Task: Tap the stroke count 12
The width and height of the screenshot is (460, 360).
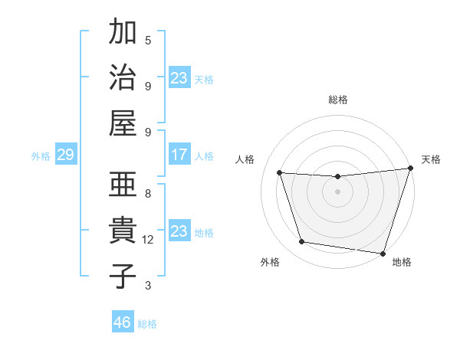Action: (x=149, y=240)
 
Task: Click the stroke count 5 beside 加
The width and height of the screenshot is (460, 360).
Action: (x=148, y=41)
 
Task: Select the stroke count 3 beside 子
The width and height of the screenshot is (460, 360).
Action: (x=148, y=286)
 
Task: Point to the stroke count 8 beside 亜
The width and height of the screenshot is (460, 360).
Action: (x=148, y=194)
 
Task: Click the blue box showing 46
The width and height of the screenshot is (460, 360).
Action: (x=123, y=322)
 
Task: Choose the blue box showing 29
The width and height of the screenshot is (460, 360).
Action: (x=65, y=155)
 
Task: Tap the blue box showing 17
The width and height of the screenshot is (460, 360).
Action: (x=179, y=155)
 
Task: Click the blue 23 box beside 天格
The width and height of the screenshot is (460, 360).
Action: (x=179, y=78)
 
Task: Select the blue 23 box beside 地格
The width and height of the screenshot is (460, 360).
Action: (x=179, y=231)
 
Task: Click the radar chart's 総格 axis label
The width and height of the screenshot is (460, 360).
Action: (x=337, y=100)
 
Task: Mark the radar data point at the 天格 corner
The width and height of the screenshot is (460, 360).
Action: (x=410, y=169)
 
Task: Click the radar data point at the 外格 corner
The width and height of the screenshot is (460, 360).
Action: (x=302, y=242)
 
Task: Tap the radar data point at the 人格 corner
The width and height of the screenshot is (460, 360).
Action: (x=280, y=173)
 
